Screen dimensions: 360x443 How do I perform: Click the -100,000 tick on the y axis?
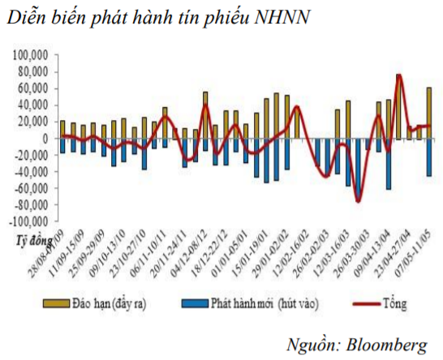tap(31, 221)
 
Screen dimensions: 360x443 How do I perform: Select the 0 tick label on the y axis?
tap(48, 139)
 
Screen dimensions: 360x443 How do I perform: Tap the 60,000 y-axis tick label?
tap(35, 88)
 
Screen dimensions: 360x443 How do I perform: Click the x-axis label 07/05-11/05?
tap(417, 252)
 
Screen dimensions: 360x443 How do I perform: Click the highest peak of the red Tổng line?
tap(398, 75)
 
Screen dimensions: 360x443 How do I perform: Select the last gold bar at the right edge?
tap(428, 112)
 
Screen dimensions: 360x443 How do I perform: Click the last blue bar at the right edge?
tap(428, 157)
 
